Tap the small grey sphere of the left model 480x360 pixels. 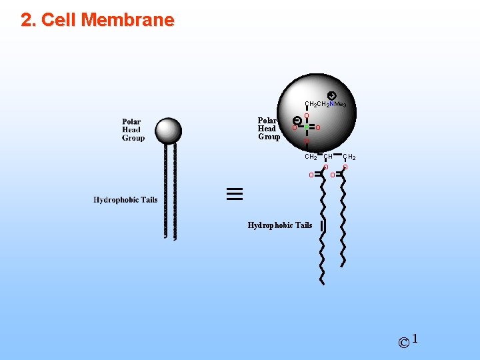pyautogui.click(x=168, y=131)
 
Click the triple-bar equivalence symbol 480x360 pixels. pyautogui.click(x=235, y=194)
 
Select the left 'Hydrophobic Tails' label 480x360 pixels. pyautogui.click(x=125, y=200)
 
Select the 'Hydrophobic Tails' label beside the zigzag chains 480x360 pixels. pyautogui.click(x=279, y=225)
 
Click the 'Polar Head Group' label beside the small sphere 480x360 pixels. pyautogui.click(x=133, y=129)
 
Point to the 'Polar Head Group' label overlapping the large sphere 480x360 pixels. pyautogui.click(x=269, y=129)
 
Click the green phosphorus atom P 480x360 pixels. pyautogui.click(x=306, y=127)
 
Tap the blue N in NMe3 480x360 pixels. pyautogui.click(x=331, y=105)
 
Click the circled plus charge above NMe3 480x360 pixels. pyautogui.click(x=332, y=95)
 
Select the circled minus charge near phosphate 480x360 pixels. pyautogui.click(x=297, y=120)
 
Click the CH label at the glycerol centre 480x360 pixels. pyautogui.click(x=328, y=157)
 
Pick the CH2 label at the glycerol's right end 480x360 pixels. pyautogui.click(x=349, y=157)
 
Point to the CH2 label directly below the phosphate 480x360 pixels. pyautogui.click(x=311, y=157)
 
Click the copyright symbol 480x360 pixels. pyautogui.click(x=403, y=343)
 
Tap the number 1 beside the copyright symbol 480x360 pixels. pyautogui.click(x=415, y=339)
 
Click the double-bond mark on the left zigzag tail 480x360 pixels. pyautogui.click(x=323, y=226)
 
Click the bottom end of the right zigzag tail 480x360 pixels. pyautogui.click(x=344, y=264)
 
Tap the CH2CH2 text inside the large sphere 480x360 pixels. pyautogui.click(x=317, y=105)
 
